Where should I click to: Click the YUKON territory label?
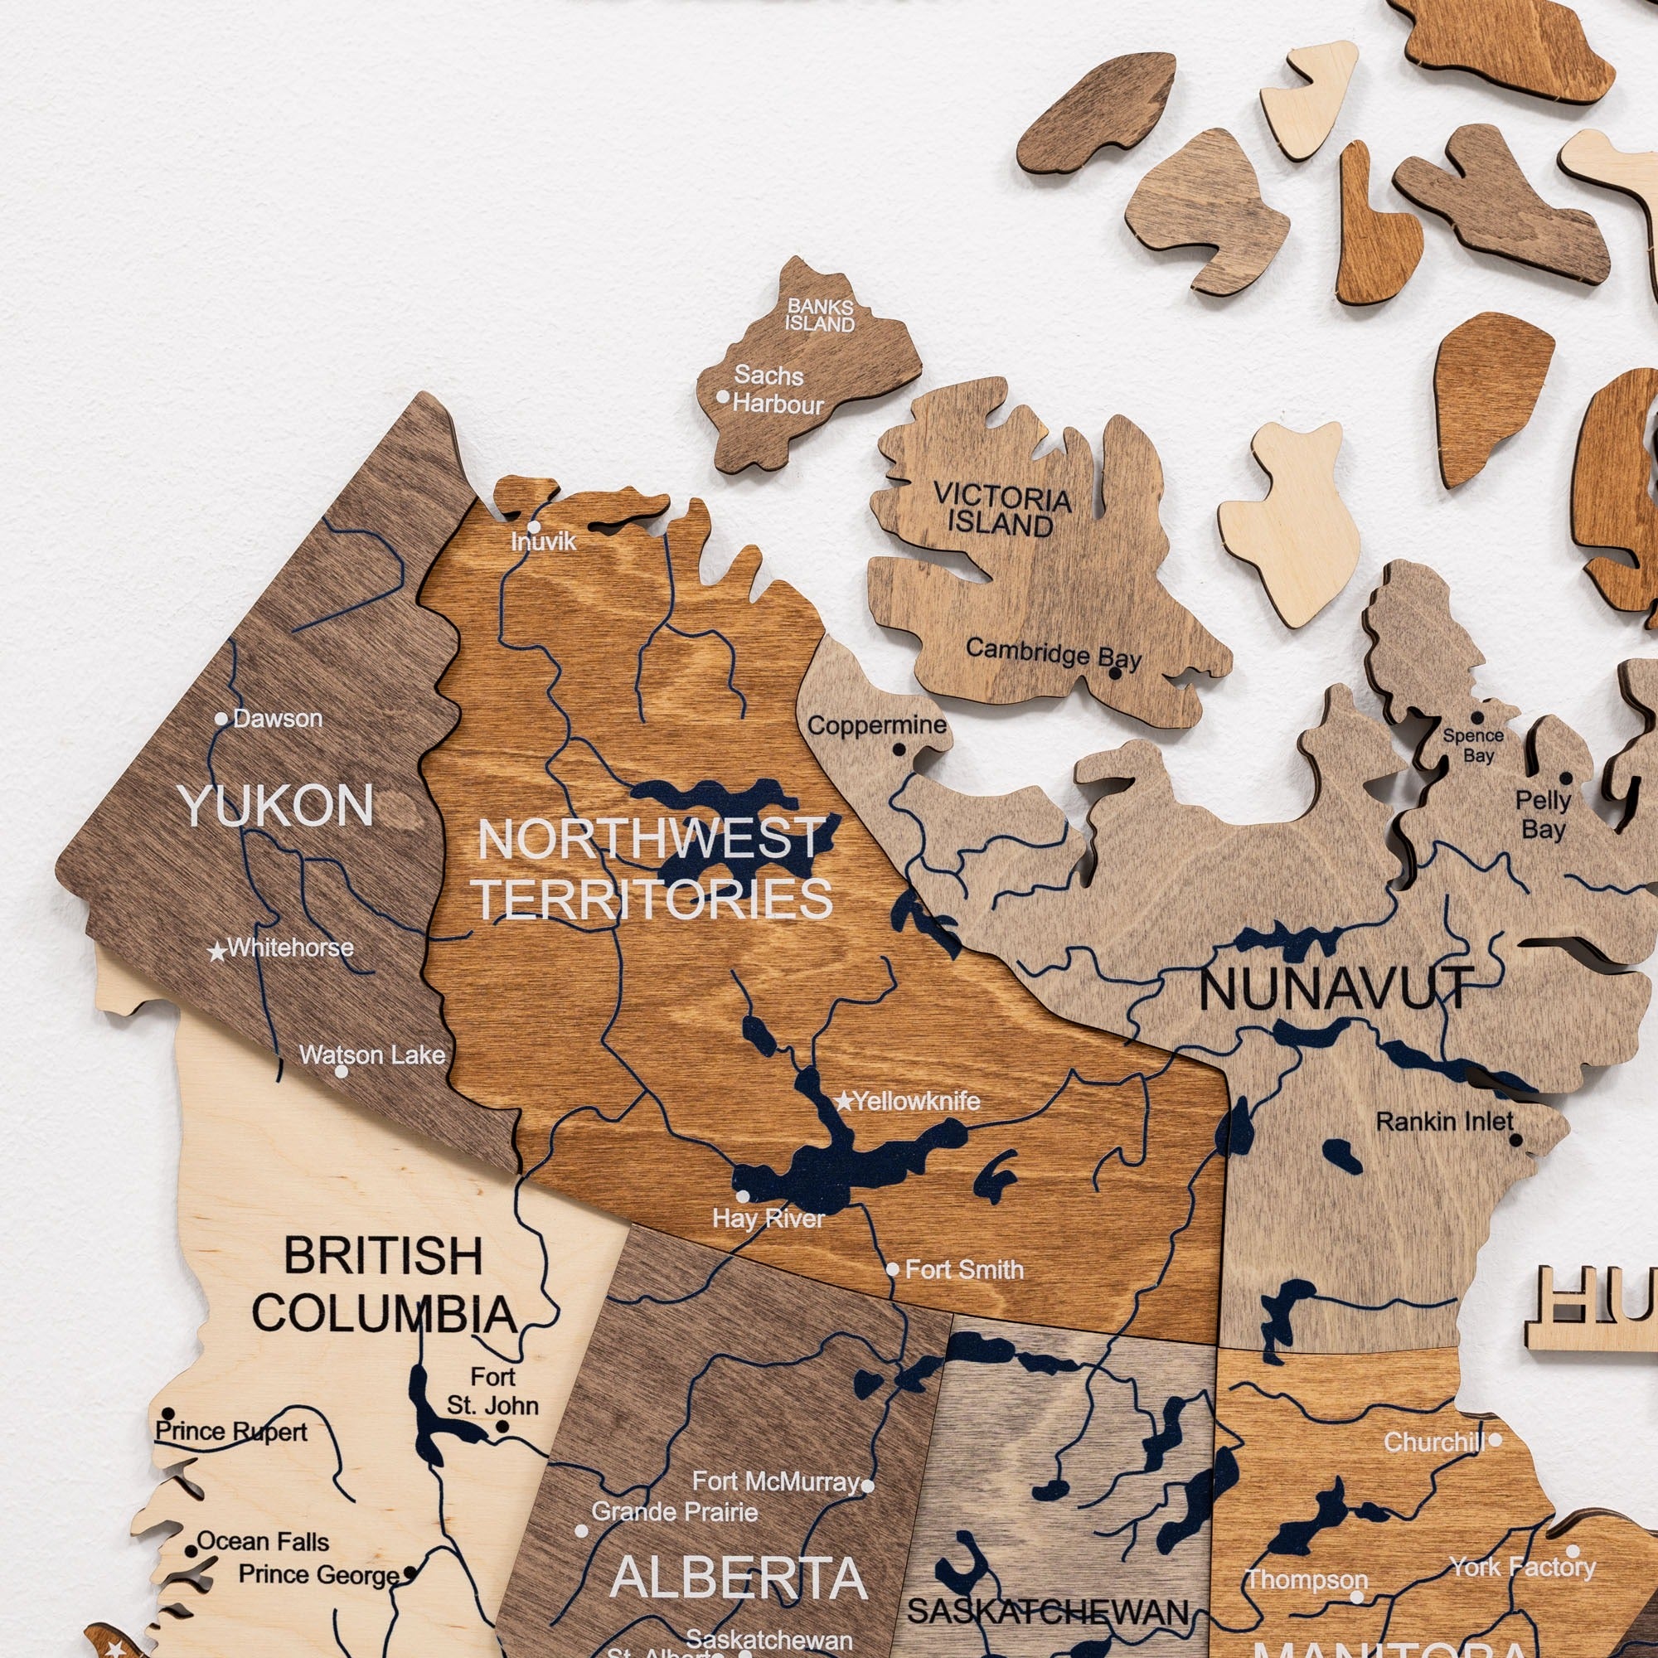tap(276, 806)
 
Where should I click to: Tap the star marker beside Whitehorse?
tap(218, 951)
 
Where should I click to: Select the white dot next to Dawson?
tap(221, 719)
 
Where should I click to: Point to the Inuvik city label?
tap(543, 541)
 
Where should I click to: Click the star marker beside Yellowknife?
tap(845, 1101)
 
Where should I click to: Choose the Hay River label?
tap(768, 1219)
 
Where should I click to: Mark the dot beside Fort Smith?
tap(893, 1269)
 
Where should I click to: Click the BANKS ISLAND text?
tap(821, 315)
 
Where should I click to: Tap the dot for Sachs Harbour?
tap(723, 396)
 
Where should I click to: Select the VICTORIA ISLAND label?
tap(1002, 511)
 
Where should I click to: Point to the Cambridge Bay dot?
tap(1115, 673)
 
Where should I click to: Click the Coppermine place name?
tap(876, 725)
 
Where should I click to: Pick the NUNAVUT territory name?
tap(1336, 989)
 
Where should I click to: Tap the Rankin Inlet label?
tap(1444, 1122)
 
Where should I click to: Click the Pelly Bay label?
tap(1542, 814)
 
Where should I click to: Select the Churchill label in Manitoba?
tap(1434, 1442)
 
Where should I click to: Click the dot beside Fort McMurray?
tap(868, 1486)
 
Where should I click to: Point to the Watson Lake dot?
tap(341, 1071)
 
